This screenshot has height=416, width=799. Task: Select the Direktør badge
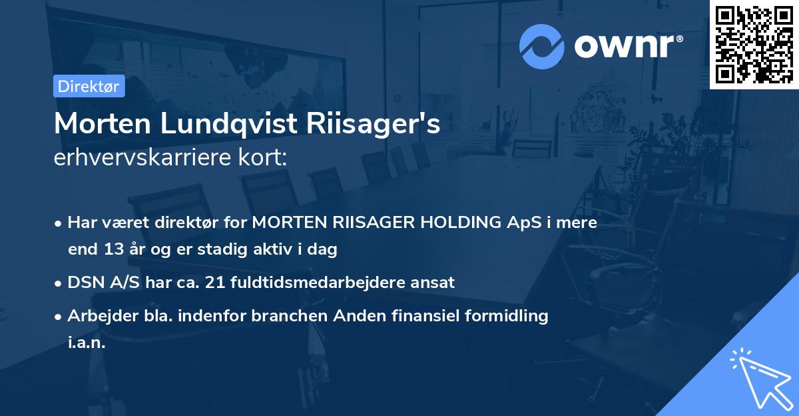tap(89, 86)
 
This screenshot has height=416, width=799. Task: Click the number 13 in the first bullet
tap(110, 250)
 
